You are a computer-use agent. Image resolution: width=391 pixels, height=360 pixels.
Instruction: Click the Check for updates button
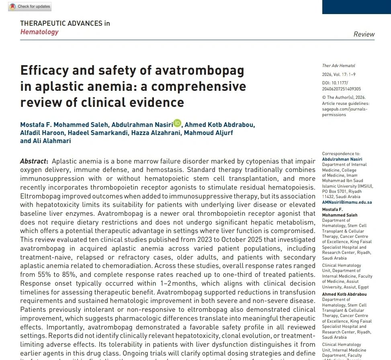[x=29, y=7]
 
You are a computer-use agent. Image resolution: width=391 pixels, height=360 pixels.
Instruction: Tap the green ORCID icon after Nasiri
[x=177, y=123]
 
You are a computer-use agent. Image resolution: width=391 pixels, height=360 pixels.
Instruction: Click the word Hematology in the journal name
[x=39, y=32]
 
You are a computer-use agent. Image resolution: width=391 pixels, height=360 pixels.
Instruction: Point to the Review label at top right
[x=364, y=34]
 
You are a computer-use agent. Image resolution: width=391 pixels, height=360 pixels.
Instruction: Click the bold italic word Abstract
[x=34, y=161]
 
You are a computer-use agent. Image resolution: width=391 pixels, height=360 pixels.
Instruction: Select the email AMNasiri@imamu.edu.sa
[x=347, y=202]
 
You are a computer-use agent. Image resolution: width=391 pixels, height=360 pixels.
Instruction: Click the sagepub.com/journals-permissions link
[x=345, y=112]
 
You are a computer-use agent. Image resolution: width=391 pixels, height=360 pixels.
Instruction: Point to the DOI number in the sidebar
[x=342, y=86]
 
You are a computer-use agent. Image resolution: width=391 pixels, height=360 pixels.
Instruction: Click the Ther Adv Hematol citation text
[x=338, y=65]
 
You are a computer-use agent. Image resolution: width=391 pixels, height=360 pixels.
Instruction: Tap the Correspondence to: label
[x=341, y=153]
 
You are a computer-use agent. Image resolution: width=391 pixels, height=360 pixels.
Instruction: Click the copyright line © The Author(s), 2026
[x=344, y=97]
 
